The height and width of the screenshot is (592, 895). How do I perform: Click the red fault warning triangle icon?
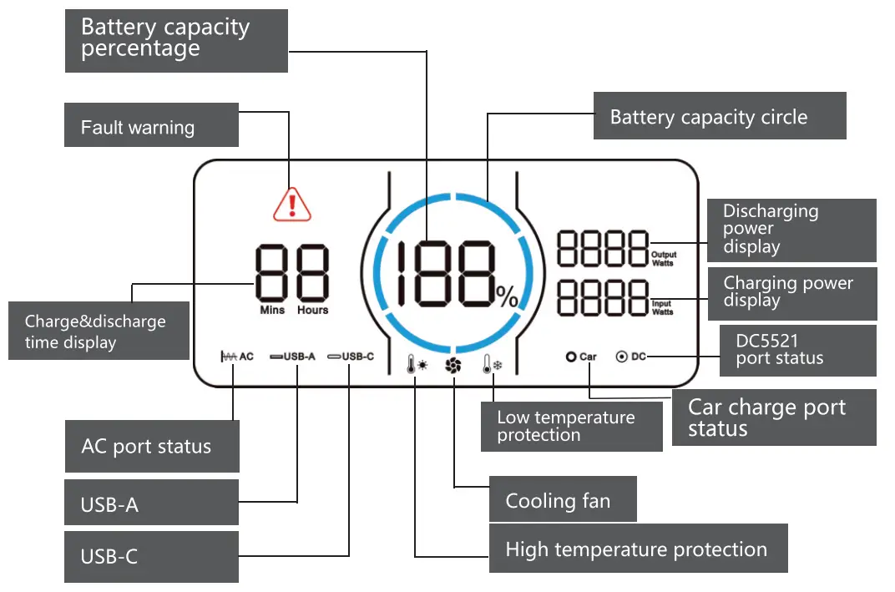(x=292, y=204)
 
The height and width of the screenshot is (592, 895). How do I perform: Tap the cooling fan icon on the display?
(x=453, y=366)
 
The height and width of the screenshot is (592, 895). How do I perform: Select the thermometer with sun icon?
(x=417, y=366)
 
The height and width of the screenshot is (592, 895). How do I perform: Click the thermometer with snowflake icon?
(x=492, y=366)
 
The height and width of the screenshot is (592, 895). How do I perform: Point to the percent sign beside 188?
(x=507, y=296)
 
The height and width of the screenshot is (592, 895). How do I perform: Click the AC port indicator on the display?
(x=236, y=357)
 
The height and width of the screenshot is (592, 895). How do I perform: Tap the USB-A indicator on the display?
(x=292, y=357)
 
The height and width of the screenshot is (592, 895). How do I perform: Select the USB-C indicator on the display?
(x=351, y=357)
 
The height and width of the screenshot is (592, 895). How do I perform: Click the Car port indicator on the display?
(x=581, y=357)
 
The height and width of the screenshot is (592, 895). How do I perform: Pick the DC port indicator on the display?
(x=630, y=357)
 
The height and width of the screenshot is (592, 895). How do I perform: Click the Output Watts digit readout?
(x=602, y=248)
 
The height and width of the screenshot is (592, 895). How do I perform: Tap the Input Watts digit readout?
(x=602, y=298)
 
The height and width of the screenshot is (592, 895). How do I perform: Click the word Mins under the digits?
(x=271, y=310)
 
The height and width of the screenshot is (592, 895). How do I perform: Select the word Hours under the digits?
(x=312, y=310)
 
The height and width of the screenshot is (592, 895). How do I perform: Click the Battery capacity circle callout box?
(x=719, y=116)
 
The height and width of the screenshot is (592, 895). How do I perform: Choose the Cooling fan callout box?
(x=562, y=500)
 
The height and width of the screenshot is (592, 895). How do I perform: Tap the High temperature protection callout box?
(x=638, y=549)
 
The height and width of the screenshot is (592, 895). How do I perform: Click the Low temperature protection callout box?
(x=571, y=426)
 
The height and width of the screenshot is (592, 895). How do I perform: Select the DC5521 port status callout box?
(x=797, y=350)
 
